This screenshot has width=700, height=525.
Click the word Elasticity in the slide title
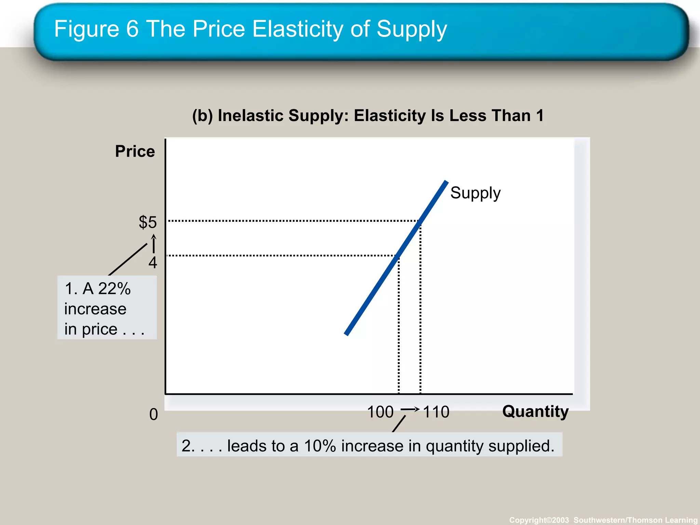coord(297,29)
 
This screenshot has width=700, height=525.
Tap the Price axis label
coord(135,151)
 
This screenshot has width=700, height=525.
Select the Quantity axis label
coord(535,411)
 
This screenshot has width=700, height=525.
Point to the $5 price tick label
coord(148,222)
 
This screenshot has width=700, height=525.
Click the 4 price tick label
coord(153,262)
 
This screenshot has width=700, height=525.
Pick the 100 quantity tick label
coord(380,412)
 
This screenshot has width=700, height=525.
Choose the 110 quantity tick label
coord(436,412)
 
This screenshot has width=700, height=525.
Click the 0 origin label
coord(153,414)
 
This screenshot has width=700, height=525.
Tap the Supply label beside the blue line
coord(475,193)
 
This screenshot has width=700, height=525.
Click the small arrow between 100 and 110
coord(409,409)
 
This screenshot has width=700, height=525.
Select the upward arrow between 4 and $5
coord(154,243)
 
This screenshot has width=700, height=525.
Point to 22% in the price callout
coord(114,289)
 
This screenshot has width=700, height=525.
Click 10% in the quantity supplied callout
coord(320,446)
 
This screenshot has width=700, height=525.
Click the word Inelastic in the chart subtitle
coord(251,116)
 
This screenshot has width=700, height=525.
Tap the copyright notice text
coord(603,520)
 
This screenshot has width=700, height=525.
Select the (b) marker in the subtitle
coord(202,116)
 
